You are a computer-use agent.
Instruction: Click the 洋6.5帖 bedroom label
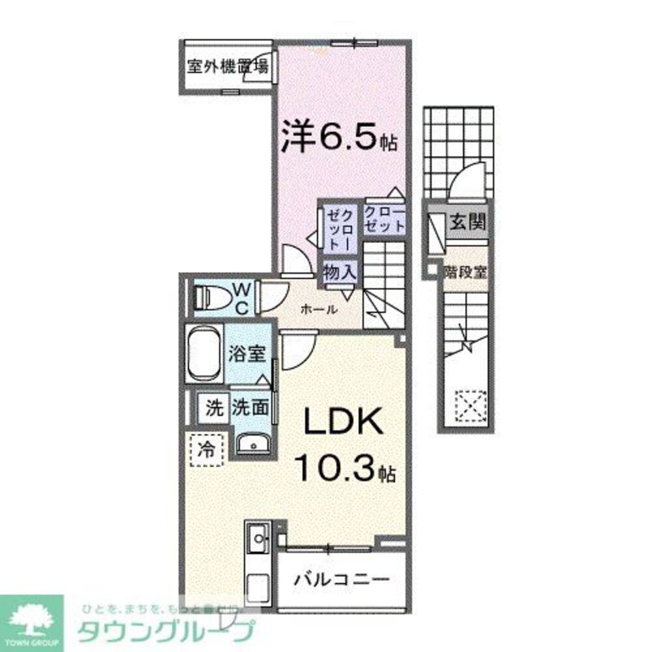point(339,138)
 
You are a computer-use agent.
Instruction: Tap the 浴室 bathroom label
point(246,354)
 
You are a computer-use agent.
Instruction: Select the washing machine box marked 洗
point(214,409)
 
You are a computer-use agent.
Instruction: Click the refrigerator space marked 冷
point(205,450)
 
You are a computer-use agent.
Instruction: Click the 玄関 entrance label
point(467,223)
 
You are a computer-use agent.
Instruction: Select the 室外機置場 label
point(227,67)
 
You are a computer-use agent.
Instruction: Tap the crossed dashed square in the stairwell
point(468,402)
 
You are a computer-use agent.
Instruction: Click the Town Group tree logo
point(31,617)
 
